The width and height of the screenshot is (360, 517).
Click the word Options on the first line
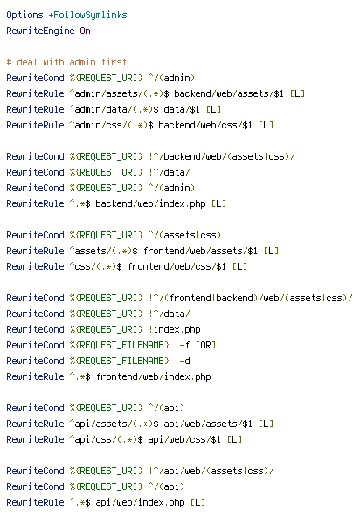tap(24, 15)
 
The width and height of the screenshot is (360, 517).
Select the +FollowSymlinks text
tap(87, 15)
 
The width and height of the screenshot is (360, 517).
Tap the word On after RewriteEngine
tap(85, 31)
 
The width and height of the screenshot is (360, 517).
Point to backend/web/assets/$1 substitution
tap(229, 93)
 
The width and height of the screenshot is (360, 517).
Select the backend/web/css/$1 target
tap(205, 125)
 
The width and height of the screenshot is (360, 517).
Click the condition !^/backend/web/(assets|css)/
tap(222, 156)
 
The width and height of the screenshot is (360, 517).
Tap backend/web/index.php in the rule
tap(150, 203)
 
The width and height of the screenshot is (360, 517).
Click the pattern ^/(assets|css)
tap(184, 235)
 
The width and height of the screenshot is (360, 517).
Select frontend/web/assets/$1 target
tap(200, 251)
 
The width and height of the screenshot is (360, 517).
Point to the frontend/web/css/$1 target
tap(177, 266)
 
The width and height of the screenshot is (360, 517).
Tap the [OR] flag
tap(205, 345)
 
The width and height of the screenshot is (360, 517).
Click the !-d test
tap(182, 361)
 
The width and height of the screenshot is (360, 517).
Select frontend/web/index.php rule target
tap(154, 376)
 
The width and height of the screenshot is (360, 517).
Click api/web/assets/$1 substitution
tap(208, 424)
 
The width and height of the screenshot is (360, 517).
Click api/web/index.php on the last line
tap(140, 502)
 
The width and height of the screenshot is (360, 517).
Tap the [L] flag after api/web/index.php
tap(197, 502)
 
